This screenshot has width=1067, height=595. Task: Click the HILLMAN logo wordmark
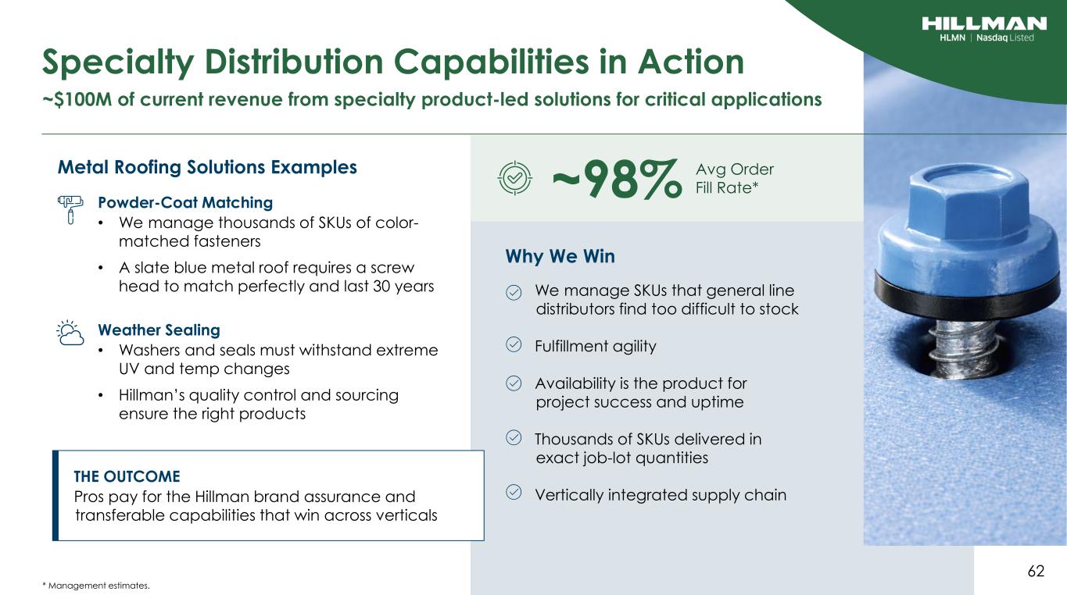[x=984, y=23]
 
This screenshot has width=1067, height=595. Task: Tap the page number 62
[x=1036, y=571]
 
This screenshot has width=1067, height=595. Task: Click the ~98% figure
[x=617, y=179]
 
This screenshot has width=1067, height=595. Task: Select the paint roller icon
[x=70, y=209]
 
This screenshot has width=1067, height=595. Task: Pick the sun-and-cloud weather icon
[x=70, y=333]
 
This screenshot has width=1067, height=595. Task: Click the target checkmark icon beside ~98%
[x=514, y=178]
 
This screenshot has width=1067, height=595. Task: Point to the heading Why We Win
[x=560, y=257]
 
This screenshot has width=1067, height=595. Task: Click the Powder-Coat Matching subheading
[x=185, y=203]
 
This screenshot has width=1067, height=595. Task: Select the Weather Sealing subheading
[x=159, y=330]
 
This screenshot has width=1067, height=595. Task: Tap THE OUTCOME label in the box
[x=127, y=476]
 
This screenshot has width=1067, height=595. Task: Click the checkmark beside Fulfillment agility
[x=514, y=344]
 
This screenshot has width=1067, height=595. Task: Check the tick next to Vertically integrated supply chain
[x=514, y=492]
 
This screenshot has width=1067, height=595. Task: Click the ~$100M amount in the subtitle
[x=77, y=99]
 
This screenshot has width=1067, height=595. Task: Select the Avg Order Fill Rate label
[x=735, y=179]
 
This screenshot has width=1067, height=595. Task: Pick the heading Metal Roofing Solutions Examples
[x=207, y=168]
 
